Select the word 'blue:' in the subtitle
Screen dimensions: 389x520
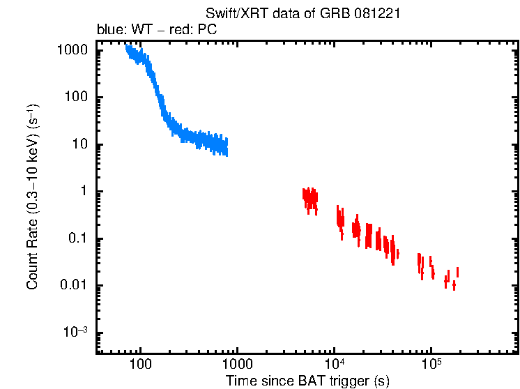click(x=109, y=30)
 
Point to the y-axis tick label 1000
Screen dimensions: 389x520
click(x=73, y=51)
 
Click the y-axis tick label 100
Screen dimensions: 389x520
click(x=77, y=98)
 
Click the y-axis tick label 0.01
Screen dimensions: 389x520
click(x=75, y=286)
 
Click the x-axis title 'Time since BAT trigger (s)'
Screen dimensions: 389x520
click(x=307, y=381)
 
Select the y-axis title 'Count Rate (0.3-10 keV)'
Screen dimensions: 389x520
click(x=33, y=197)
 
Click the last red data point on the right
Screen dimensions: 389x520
click(x=457, y=272)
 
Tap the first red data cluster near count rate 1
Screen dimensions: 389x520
click(x=309, y=199)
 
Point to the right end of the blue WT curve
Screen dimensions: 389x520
click(x=227, y=148)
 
